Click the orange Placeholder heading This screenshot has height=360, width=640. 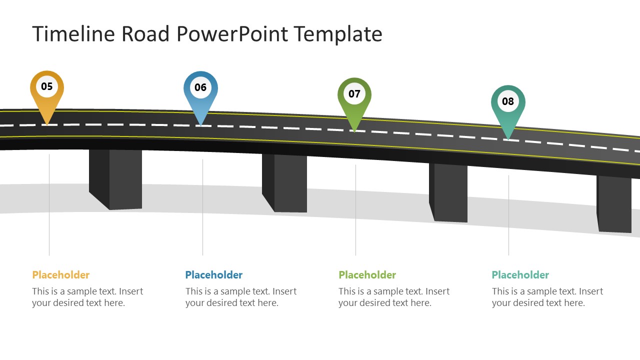(x=61, y=275)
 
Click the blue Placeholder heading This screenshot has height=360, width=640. (x=214, y=275)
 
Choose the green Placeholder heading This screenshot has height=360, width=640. (x=367, y=275)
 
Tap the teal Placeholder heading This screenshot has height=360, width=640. (x=520, y=275)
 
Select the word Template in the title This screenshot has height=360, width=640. (x=338, y=34)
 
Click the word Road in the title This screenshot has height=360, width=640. (x=146, y=34)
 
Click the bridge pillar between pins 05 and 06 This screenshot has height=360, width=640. (x=120, y=179)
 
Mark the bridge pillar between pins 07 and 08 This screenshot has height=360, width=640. (x=450, y=192)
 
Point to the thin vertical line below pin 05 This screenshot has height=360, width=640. (x=49, y=205)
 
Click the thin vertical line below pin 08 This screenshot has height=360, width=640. (x=508, y=215)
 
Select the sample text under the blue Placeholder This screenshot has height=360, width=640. (x=240, y=297)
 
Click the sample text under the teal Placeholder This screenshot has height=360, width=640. (x=547, y=297)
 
